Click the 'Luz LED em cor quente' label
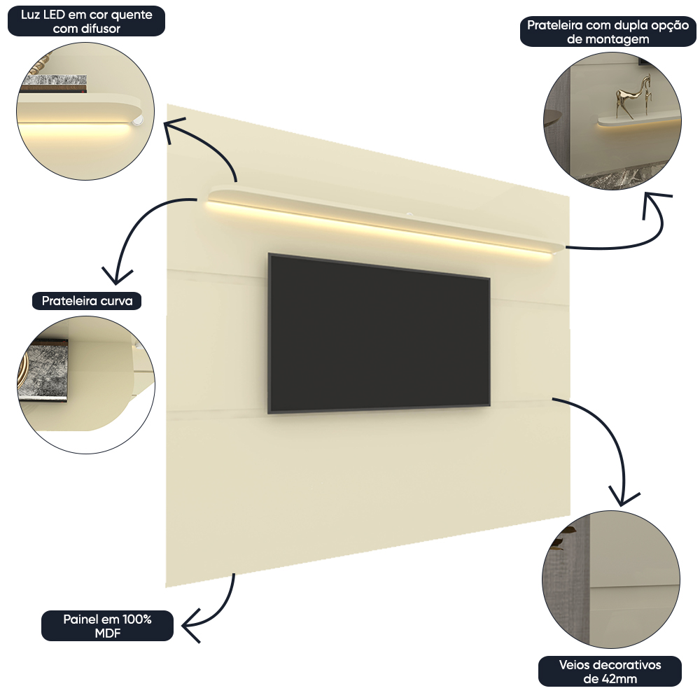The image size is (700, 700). pos(86,22)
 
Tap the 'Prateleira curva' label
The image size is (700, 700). pos(87,301)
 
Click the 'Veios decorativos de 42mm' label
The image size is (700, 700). pos(610,671)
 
